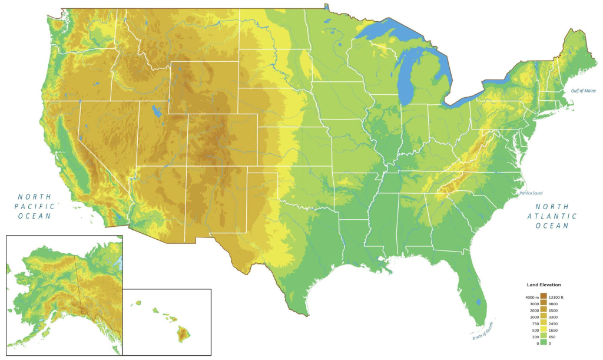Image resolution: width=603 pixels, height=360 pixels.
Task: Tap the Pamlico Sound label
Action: click(x=531, y=193)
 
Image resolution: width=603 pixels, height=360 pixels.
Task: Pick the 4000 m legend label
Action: click(x=529, y=297)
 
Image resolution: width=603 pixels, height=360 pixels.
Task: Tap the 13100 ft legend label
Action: click(x=556, y=297)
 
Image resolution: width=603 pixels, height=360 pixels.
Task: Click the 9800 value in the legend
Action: click(x=554, y=303)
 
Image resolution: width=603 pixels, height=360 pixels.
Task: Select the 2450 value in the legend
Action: click(x=554, y=323)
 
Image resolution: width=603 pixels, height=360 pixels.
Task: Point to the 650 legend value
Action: click(x=552, y=336)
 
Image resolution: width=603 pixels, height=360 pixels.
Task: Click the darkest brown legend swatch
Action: click(x=543, y=296)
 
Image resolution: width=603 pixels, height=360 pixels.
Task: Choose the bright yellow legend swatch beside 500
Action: click(x=543, y=329)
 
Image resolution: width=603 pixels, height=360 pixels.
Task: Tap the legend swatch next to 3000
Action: click(x=543, y=303)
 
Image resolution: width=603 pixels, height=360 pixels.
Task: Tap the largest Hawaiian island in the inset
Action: click(x=184, y=334)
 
